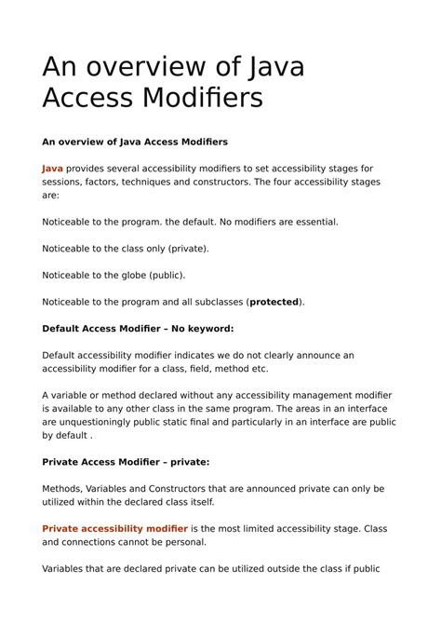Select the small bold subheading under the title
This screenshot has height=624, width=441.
point(135,142)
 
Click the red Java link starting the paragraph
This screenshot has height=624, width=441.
point(52,169)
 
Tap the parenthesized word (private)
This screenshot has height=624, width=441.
point(189,249)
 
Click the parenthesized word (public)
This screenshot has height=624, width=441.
point(167,276)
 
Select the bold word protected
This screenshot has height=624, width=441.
point(274,302)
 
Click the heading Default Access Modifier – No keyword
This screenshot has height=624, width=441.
point(138,329)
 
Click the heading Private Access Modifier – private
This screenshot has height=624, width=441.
point(126,462)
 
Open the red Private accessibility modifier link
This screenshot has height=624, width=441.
point(114,529)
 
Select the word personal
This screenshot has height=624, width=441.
point(182,542)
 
